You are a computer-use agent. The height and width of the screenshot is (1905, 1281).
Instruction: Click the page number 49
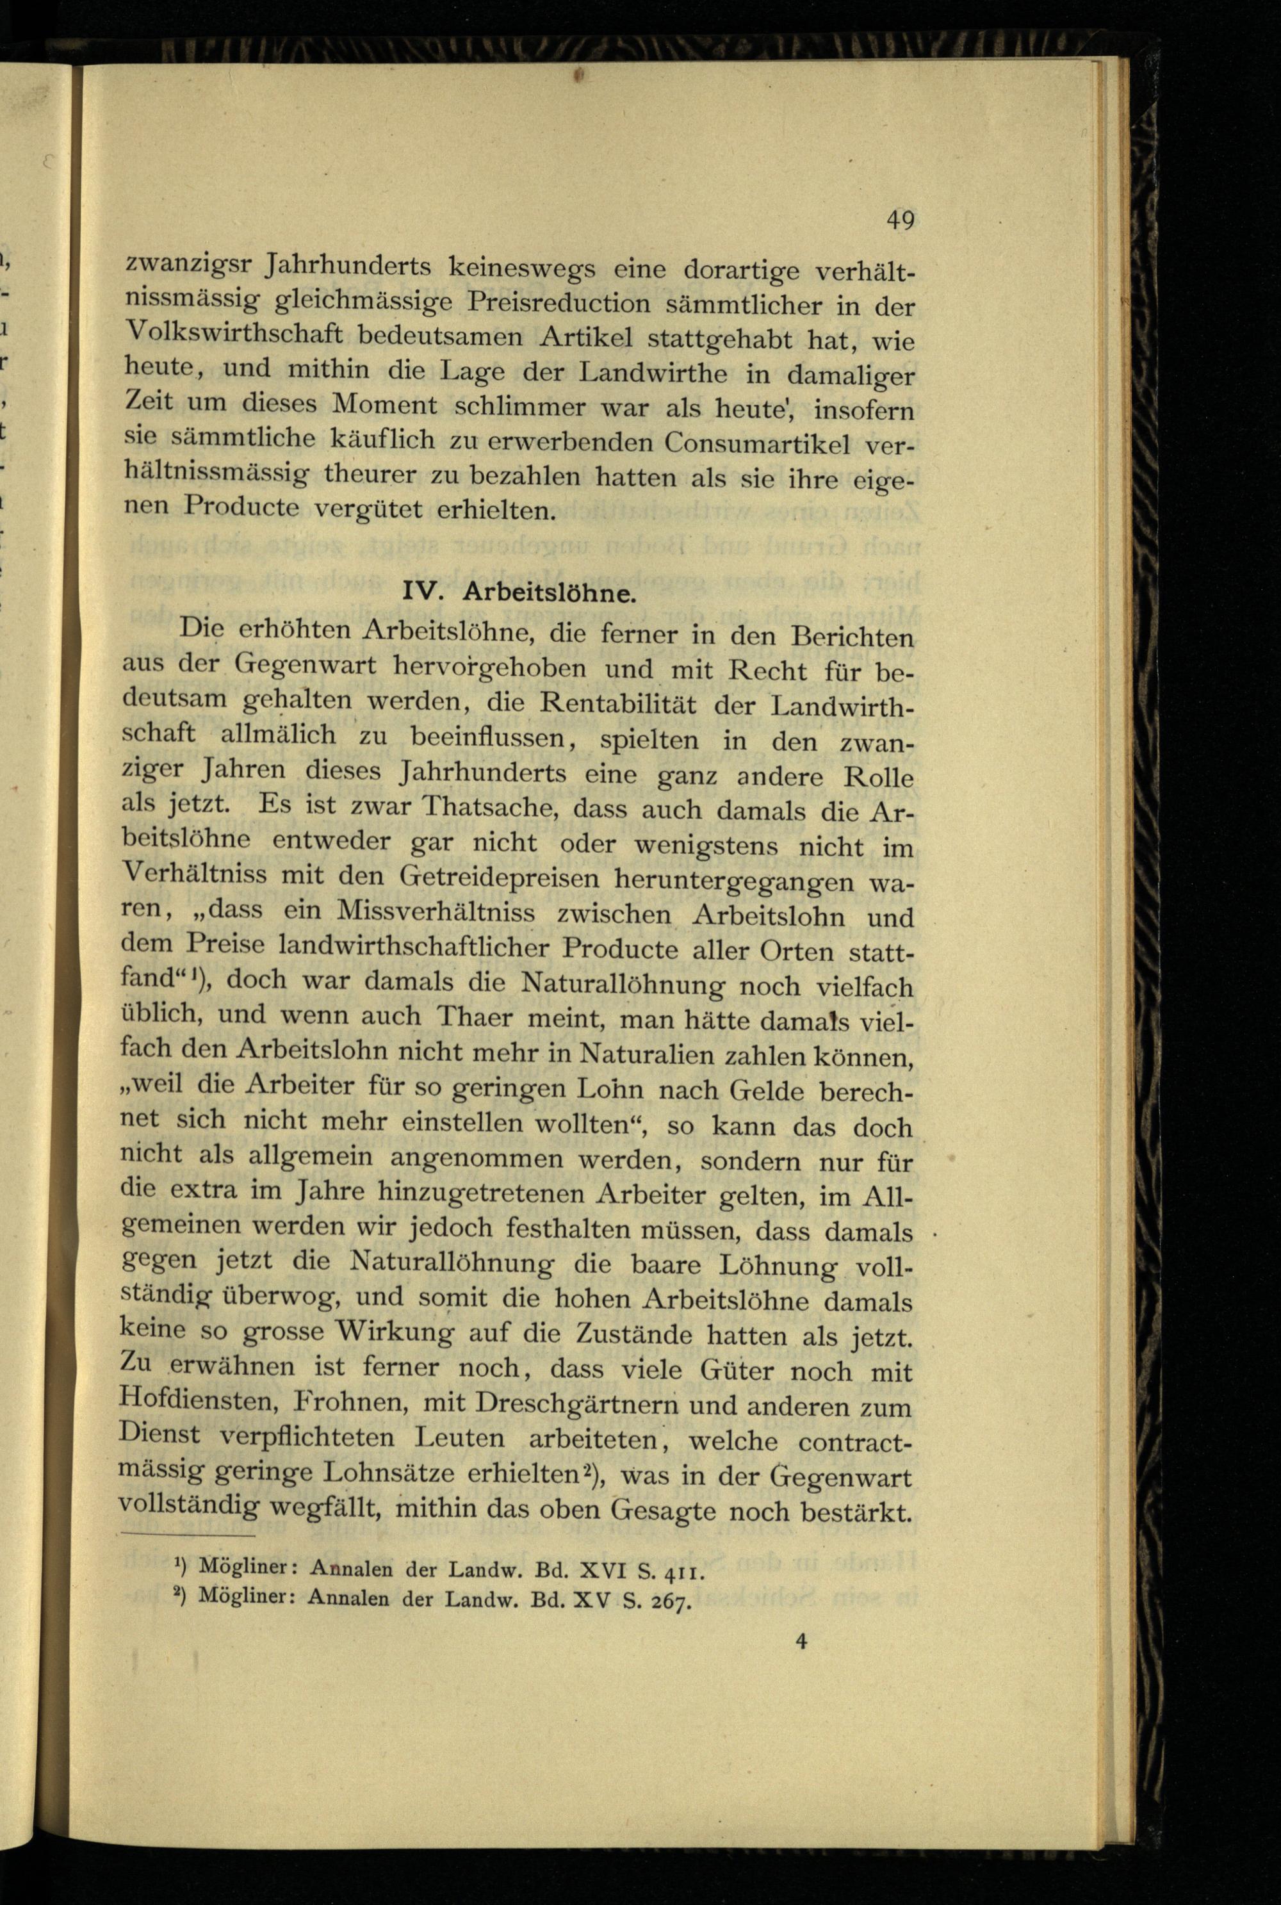[901, 220]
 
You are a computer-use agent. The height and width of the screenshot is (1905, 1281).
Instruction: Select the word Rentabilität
[605, 703]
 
